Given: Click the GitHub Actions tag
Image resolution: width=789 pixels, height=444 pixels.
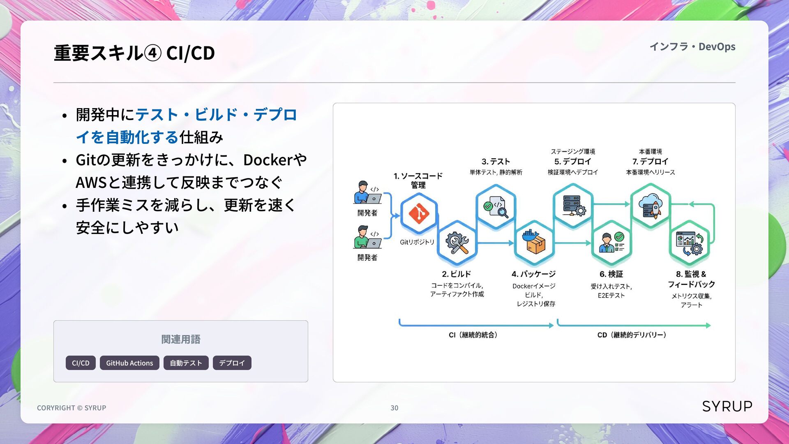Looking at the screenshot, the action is pyautogui.click(x=129, y=363).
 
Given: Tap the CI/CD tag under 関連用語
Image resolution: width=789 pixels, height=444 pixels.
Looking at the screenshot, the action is pyautogui.click(x=81, y=363).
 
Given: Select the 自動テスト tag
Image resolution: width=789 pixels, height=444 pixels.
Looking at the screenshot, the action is pyautogui.click(x=186, y=363).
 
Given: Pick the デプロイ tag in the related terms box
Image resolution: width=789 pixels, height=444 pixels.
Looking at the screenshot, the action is pyautogui.click(x=232, y=363).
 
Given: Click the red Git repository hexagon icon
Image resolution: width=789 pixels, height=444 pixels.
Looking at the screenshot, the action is pyautogui.click(x=419, y=213).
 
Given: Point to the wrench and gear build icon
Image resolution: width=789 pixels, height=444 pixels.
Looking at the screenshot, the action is pyautogui.click(x=457, y=243).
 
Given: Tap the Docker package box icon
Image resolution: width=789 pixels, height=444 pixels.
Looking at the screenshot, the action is pyautogui.click(x=534, y=243).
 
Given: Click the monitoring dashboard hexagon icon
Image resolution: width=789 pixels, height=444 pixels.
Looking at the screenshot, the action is pyautogui.click(x=690, y=243).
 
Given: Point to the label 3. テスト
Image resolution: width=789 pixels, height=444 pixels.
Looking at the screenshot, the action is pyautogui.click(x=496, y=162).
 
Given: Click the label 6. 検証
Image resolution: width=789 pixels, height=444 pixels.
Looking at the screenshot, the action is pyautogui.click(x=611, y=274).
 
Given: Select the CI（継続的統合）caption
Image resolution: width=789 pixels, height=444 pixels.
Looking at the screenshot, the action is pyautogui.click(x=473, y=335).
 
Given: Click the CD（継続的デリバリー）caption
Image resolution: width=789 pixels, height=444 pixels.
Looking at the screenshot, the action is pyautogui.click(x=632, y=335).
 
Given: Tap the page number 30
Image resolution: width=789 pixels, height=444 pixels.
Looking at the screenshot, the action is pyautogui.click(x=394, y=408).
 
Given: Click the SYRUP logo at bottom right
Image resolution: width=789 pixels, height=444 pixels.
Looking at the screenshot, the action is pyautogui.click(x=727, y=406).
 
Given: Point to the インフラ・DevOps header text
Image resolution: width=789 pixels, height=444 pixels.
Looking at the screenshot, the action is pyautogui.click(x=692, y=46).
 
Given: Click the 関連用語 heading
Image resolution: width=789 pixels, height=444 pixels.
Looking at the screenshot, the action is pyautogui.click(x=181, y=339).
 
